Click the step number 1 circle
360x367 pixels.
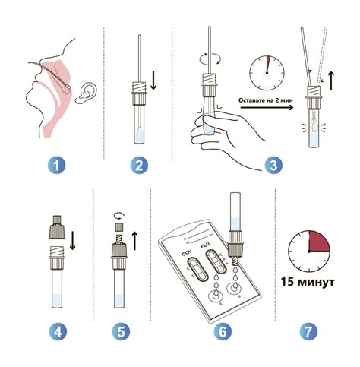click(x=56, y=166)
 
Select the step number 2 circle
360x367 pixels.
click(x=139, y=166)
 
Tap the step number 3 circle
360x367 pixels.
click(x=273, y=166)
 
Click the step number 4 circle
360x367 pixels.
click(x=58, y=331)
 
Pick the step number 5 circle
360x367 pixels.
click(x=121, y=331)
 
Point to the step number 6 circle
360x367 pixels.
click(x=223, y=331)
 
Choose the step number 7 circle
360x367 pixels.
click(x=308, y=331)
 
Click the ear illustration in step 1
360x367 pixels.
click(x=87, y=93)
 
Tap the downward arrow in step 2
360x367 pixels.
click(x=153, y=81)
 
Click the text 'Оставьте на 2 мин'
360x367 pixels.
click(x=266, y=100)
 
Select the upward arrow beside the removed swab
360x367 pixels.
click(x=331, y=81)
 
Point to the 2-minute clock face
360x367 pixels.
click(x=267, y=73)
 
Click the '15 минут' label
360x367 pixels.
click(x=308, y=282)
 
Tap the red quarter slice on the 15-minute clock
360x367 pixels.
click(x=319, y=241)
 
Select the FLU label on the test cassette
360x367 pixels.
click(x=205, y=245)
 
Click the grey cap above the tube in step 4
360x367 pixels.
click(x=56, y=226)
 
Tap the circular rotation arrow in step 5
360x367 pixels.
click(x=119, y=216)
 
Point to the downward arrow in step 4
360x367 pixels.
click(x=73, y=240)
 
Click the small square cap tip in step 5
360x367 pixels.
click(x=119, y=226)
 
